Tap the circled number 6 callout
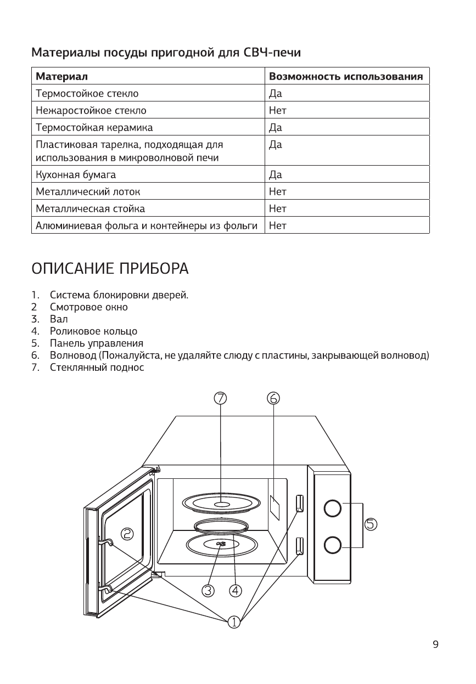tap(273, 398)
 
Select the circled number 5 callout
tap(371, 524)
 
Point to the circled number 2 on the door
tap(127, 534)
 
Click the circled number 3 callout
tap(208, 591)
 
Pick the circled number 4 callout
tap(236, 591)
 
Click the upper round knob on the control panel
tap(333, 508)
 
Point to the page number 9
tap(435, 645)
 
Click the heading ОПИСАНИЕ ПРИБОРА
tap(110, 270)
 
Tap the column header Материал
tap(61, 76)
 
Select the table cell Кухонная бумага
tap(75, 175)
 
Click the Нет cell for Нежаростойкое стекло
tap(277, 111)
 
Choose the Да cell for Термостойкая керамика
tap(275, 128)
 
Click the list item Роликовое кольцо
tap(93, 331)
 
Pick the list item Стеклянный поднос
tap(97, 368)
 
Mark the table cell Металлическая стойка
tap(90, 208)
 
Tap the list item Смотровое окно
tap(88, 307)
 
